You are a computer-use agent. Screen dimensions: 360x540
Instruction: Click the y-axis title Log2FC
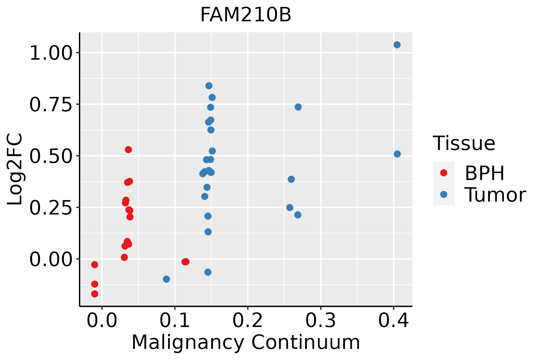pyautogui.click(x=15, y=169)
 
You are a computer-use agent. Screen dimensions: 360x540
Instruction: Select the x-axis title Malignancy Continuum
pyautogui.click(x=246, y=342)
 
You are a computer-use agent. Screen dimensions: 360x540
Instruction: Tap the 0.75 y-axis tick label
pyautogui.click(x=51, y=105)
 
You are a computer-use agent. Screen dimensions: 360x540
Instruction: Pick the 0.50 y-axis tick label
pyautogui.click(x=51, y=157)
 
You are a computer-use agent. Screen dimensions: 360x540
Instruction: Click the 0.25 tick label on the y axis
pyautogui.click(x=51, y=208)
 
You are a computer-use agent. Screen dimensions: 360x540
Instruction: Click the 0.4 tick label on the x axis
pyautogui.click(x=393, y=321)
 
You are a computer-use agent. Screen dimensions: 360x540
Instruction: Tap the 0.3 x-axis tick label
pyautogui.click(x=320, y=321)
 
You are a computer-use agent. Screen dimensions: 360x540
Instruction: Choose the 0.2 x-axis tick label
pyautogui.click(x=247, y=321)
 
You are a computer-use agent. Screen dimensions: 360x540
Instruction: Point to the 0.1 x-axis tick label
pyautogui.click(x=175, y=321)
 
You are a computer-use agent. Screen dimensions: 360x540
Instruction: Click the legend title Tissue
pyautogui.click(x=464, y=143)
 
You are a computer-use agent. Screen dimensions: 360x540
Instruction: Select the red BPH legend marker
pyautogui.click(x=443, y=173)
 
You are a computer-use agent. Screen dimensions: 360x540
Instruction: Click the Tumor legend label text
pyautogui.click(x=495, y=195)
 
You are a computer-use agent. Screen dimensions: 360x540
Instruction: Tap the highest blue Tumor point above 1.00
pyautogui.click(x=397, y=45)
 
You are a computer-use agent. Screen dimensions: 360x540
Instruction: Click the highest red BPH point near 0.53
pyautogui.click(x=128, y=150)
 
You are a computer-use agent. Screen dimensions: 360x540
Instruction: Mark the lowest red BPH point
pyautogui.click(x=95, y=294)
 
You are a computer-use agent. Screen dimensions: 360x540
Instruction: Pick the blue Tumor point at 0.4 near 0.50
pyautogui.click(x=397, y=154)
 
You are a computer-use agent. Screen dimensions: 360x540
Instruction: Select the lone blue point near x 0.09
pyautogui.click(x=166, y=279)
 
